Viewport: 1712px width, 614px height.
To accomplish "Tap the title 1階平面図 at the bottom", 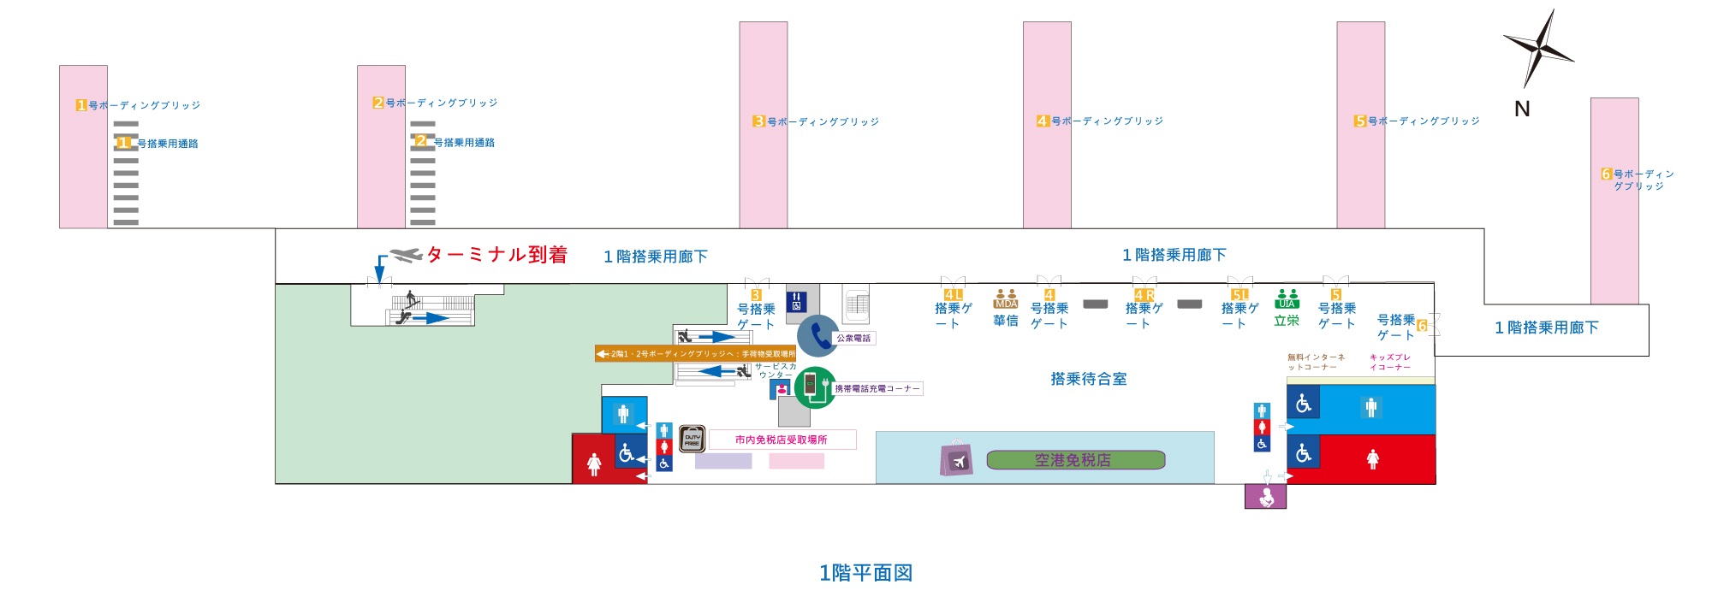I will [x=865, y=573].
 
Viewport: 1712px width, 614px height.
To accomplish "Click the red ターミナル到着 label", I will [x=496, y=255].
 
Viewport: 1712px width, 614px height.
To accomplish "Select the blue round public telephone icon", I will [x=817, y=335].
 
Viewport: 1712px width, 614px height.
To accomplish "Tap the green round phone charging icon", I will [x=814, y=387].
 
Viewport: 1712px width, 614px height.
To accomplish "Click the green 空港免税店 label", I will [x=1075, y=460].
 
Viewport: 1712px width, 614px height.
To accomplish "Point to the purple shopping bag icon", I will [x=955, y=458].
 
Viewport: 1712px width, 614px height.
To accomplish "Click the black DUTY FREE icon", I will [x=692, y=440].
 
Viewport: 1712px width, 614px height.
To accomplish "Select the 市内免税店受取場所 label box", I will [x=782, y=440].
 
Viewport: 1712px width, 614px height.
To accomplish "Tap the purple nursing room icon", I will [x=1265, y=496].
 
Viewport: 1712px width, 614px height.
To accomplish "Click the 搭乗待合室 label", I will [x=1088, y=379].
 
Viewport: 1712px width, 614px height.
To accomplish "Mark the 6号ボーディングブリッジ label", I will [x=1638, y=180].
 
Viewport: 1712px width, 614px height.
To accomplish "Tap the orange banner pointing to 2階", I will [x=695, y=353].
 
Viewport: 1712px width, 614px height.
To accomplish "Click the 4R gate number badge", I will [x=1144, y=295].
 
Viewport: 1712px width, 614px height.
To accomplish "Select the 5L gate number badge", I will [x=1239, y=295].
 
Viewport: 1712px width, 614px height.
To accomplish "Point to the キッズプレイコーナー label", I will [x=1390, y=363].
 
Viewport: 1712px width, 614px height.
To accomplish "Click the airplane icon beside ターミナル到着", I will [x=406, y=255].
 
